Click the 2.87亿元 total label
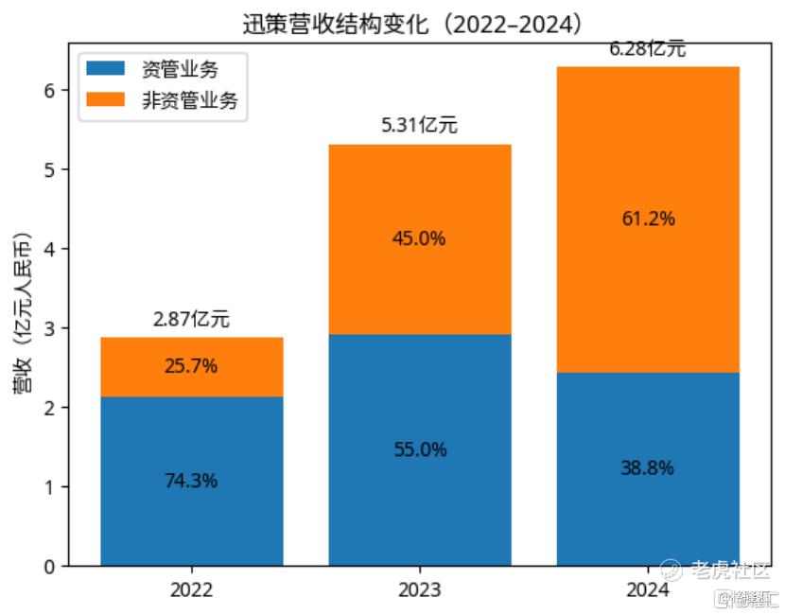click(191, 320)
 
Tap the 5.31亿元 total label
click(420, 126)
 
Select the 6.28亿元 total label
click(648, 49)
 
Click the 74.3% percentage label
click(191, 481)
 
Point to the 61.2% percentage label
click(648, 219)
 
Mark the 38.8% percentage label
click(648, 467)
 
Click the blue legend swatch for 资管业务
click(105, 68)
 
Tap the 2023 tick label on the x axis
click(420, 589)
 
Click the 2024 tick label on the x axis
click(648, 589)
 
